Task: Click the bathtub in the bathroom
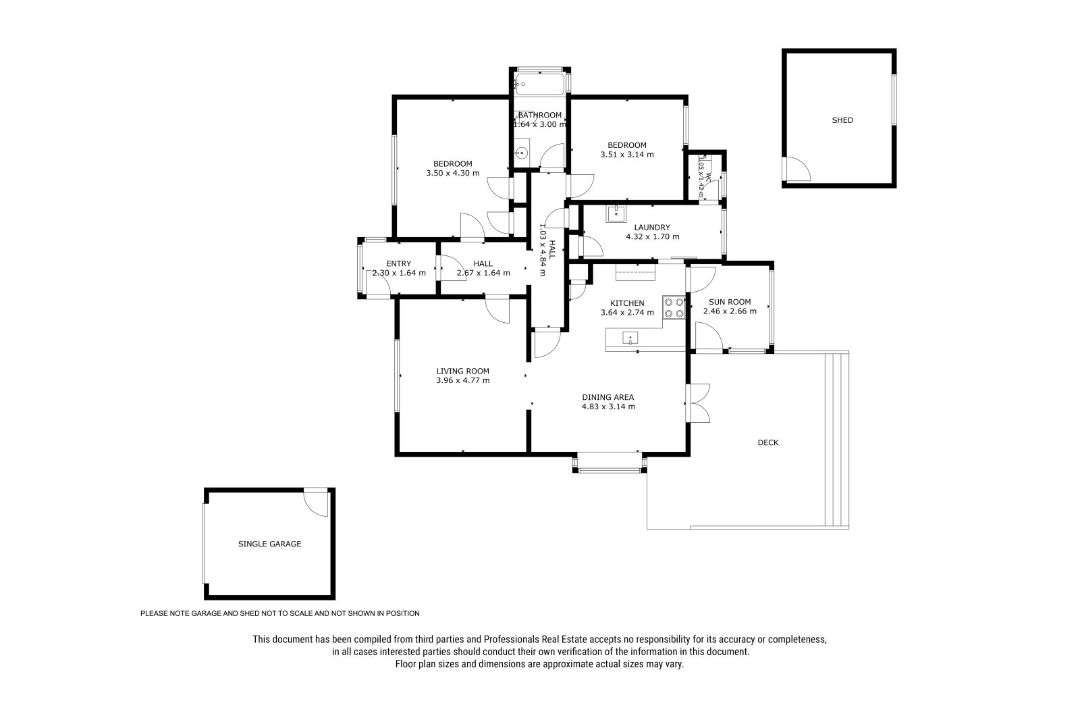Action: coord(539,84)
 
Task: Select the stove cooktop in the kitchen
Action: coord(674,307)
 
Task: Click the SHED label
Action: coord(842,120)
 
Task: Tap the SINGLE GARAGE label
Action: coord(269,544)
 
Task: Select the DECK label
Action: coord(768,442)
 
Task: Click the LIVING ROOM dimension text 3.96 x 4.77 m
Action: coord(463,380)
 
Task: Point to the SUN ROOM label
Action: coord(730,302)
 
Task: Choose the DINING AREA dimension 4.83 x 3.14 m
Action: coord(608,407)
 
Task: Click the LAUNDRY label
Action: coord(652,228)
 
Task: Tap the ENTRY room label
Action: coord(399,263)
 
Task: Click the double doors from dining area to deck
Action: coord(698,403)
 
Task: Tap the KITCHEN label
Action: coord(627,303)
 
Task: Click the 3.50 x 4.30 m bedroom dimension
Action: coord(453,173)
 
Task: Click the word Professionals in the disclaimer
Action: coord(512,640)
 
